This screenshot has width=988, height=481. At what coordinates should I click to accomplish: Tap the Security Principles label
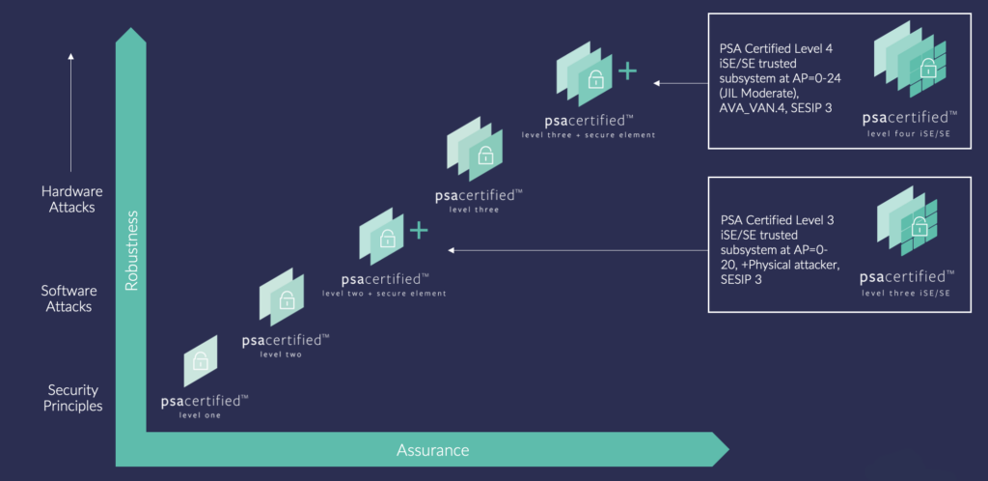point(73,398)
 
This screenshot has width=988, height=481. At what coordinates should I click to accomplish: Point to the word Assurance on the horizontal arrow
point(432,450)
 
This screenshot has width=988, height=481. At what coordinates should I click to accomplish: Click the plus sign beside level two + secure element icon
point(418,231)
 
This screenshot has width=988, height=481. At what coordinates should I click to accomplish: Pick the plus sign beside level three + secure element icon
point(627,71)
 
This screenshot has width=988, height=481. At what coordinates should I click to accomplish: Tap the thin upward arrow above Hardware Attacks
point(71,111)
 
